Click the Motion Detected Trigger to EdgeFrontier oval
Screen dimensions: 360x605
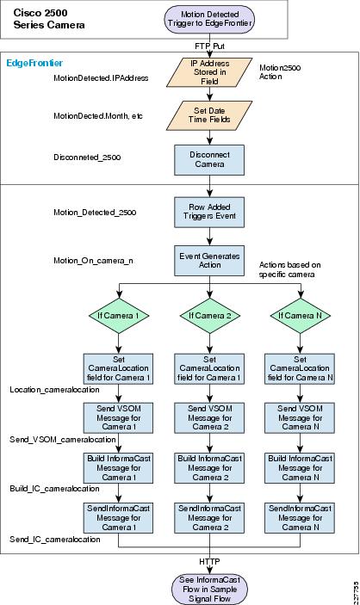(210, 19)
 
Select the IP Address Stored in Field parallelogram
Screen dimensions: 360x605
(209, 72)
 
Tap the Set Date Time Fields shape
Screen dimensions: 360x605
(209, 115)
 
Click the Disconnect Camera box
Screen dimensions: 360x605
(209, 160)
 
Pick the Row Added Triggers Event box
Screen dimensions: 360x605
(209, 213)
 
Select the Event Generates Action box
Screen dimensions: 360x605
(209, 261)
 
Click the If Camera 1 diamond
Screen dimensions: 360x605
(118, 316)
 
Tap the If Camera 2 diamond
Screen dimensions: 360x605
(210, 316)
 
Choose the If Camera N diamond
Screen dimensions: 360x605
(300, 316)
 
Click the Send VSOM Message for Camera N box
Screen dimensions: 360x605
(300, 418)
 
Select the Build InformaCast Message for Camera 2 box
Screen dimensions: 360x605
(209, 468)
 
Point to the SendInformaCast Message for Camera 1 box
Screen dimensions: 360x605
(118, 518)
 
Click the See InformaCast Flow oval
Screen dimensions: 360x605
(210, 590)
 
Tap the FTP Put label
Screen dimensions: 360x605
(210, 46)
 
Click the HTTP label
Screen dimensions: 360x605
(210, 562)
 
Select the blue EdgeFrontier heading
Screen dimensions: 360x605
(34, 63)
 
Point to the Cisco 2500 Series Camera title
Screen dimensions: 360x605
(49, 19)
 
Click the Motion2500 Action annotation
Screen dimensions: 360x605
(280, 72)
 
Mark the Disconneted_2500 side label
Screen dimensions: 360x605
(87, 157)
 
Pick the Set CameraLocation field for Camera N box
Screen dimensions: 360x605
(300, 368)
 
